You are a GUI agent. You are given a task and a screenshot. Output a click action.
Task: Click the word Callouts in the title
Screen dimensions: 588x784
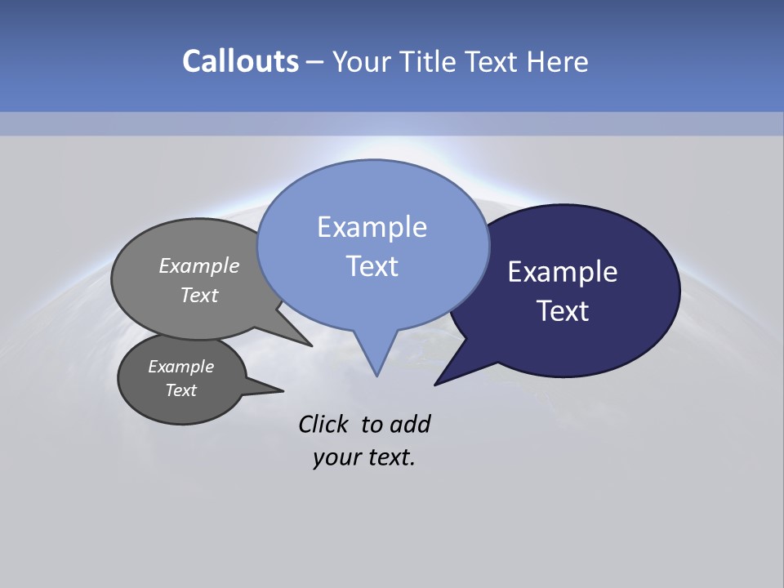pos(240,61)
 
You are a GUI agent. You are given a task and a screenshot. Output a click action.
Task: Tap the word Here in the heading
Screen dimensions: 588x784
pos(557,62)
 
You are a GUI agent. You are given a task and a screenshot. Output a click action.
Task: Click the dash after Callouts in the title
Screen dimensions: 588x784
pos(314,62)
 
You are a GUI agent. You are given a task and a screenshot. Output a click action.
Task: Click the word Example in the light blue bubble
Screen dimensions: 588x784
pos(372,227)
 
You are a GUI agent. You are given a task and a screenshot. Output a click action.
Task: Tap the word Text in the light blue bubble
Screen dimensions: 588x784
pos(372,266)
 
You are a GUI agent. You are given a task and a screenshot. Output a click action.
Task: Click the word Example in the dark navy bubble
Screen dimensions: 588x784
pos(562,272)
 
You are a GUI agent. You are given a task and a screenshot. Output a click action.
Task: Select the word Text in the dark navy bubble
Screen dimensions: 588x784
pos(563,311)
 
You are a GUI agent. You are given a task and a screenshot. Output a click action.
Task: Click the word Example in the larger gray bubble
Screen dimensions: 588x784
pos(198,265)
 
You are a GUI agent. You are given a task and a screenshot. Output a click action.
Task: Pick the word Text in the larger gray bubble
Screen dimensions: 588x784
pos(199,295)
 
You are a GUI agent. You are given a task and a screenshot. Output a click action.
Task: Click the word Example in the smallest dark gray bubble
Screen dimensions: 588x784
pos(180,367)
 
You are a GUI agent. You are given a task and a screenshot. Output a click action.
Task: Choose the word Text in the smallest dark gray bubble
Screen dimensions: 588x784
pos(180,390)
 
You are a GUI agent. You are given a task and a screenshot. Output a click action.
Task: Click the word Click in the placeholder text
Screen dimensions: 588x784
pos(323,424)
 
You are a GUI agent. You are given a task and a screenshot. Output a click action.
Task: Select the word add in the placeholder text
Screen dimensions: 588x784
pos(409,424)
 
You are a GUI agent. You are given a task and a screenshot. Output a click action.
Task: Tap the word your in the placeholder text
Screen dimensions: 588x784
pos(336,457)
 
